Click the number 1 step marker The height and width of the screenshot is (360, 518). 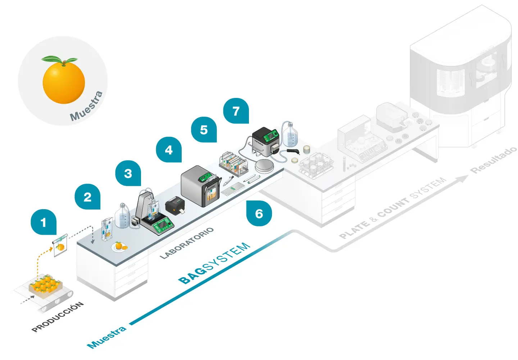44,222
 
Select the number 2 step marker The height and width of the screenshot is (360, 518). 87,197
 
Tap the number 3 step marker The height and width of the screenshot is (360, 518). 128,173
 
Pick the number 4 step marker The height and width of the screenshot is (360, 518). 169,149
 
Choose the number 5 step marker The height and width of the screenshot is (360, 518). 204,130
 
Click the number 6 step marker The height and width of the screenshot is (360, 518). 259,213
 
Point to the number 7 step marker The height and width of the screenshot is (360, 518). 236,111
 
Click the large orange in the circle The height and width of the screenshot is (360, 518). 64,82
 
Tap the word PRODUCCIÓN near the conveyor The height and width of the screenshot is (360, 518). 58,317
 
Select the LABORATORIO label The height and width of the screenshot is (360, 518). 187,243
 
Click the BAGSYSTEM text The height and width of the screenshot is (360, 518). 214,262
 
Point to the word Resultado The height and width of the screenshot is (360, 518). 494,160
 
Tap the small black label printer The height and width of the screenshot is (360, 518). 175,206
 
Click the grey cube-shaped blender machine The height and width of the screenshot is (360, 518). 200,185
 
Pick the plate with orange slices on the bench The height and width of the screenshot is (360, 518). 119,247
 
